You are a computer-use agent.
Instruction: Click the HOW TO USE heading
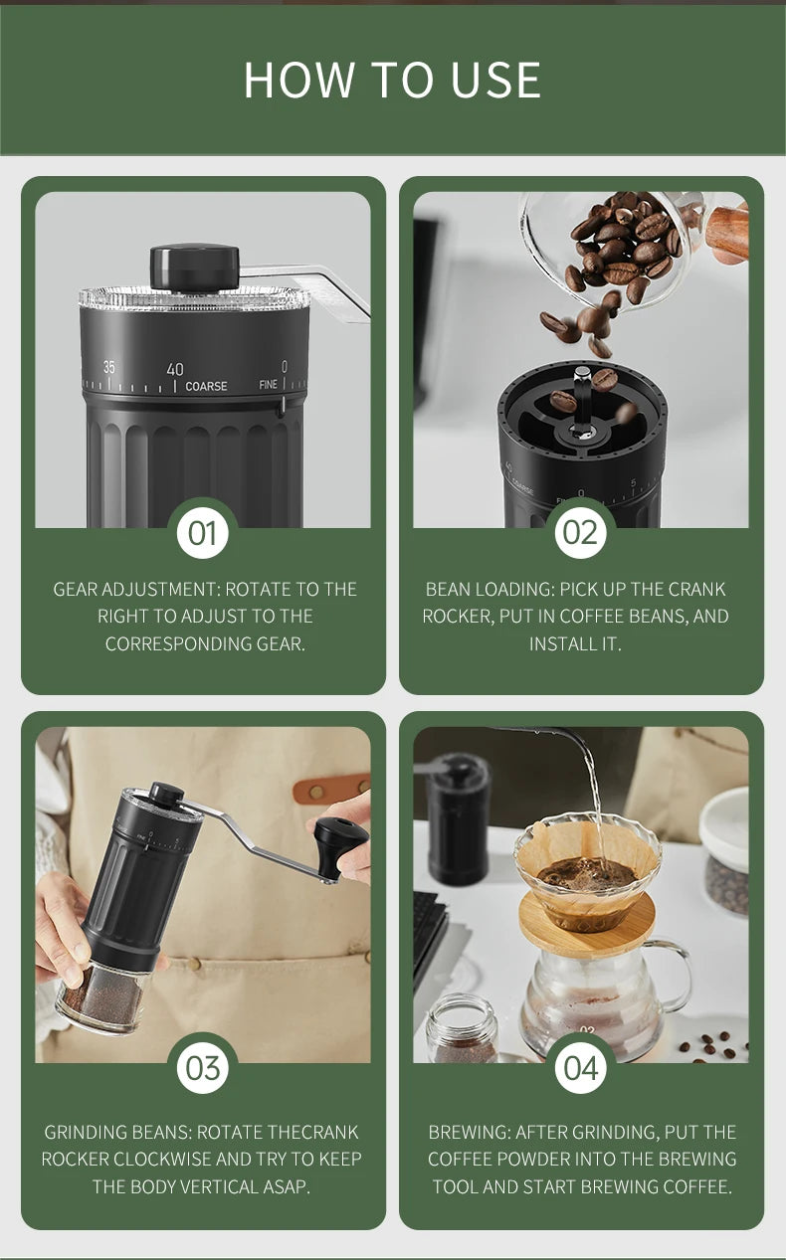point(392,80)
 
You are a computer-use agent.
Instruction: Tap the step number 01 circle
point(203,533)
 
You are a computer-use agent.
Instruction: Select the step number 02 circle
point(581,533)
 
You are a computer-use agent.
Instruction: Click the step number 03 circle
point(203,1068)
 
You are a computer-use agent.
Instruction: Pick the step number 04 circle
point(581,1068)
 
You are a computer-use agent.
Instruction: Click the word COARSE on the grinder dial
point(206,386)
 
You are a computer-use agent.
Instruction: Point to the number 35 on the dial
point(109,367)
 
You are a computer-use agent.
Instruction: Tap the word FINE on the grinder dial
point(268,385)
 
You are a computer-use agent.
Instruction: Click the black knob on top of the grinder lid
point(195,266)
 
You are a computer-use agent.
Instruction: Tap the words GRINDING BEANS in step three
point(117,1132)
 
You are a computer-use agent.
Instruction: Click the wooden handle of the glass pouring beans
point(728,232)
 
